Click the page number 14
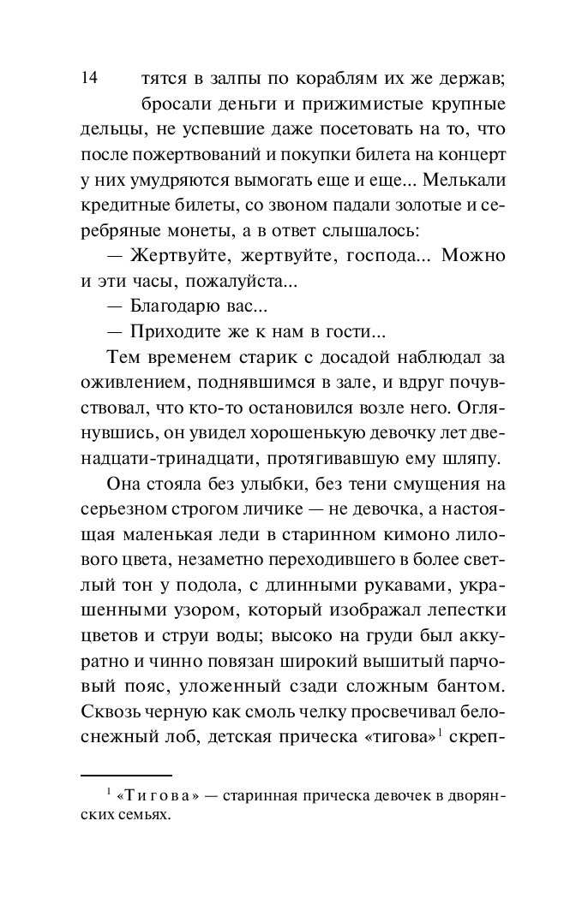(88, 80)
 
